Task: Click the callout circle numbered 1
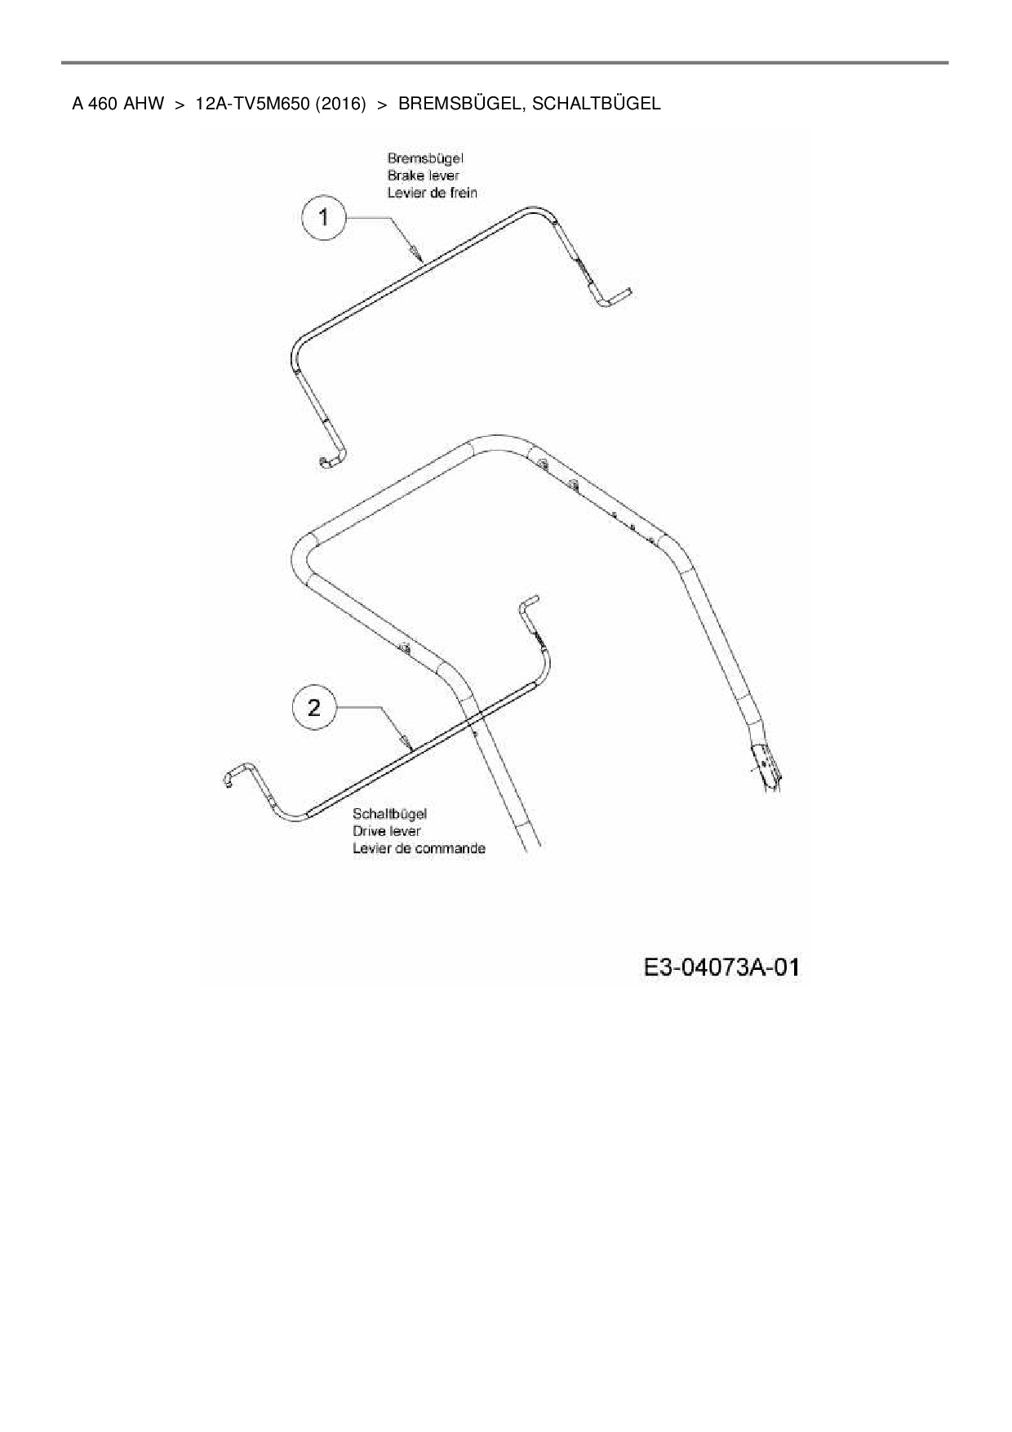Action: (x=324, y=218)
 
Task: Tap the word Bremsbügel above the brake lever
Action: (x=425, y=158)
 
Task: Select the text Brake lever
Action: (x=423, y=176)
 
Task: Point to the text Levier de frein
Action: (x=432, y=193)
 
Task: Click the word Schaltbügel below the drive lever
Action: (x=389, y=814)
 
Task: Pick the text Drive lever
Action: (x=386, y=831)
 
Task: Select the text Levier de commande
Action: (x=419, y=848)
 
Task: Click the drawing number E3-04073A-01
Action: (x=721, y=968)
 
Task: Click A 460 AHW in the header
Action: (x=118, y=104)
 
